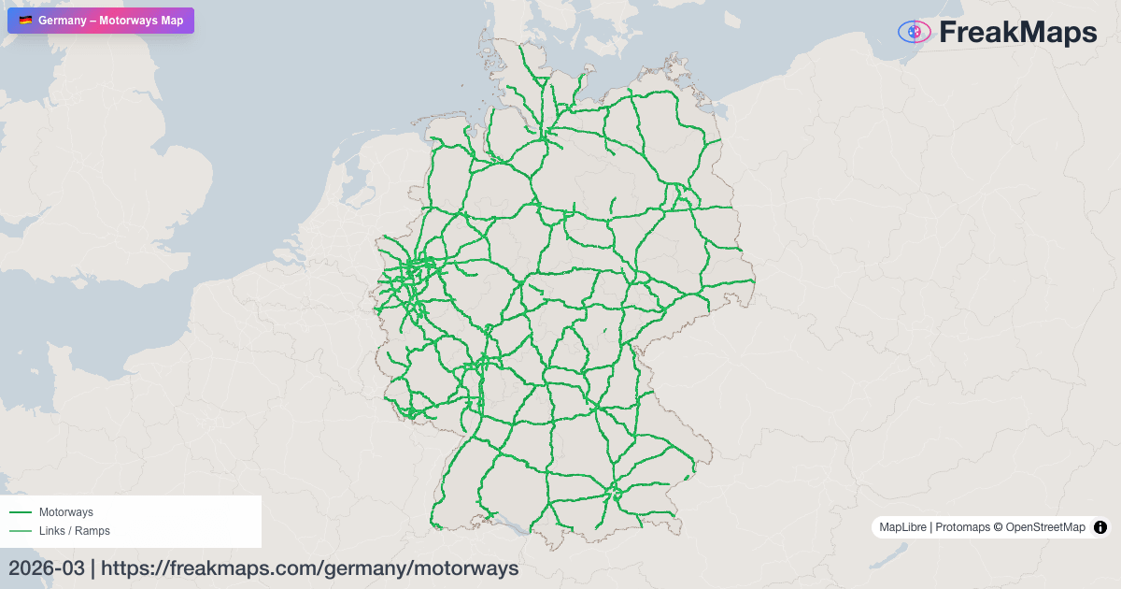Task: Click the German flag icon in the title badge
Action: point(25,21)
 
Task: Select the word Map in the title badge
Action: point(173,21)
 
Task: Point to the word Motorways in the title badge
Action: point(130,21)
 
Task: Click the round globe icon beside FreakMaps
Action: point(915,32)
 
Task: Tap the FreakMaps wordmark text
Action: point(1017,33)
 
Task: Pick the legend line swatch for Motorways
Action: point(20,512)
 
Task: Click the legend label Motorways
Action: point(65,512)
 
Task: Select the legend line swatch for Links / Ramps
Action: point(20,531)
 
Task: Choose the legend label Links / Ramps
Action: point(74,531)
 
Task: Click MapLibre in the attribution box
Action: point(902,527)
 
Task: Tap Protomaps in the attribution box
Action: point(961,527)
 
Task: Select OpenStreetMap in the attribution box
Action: point(1045,527)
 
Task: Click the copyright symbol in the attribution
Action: point(998,527)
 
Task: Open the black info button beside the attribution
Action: point(1100,527)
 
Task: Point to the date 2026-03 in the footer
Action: point(46,568)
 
